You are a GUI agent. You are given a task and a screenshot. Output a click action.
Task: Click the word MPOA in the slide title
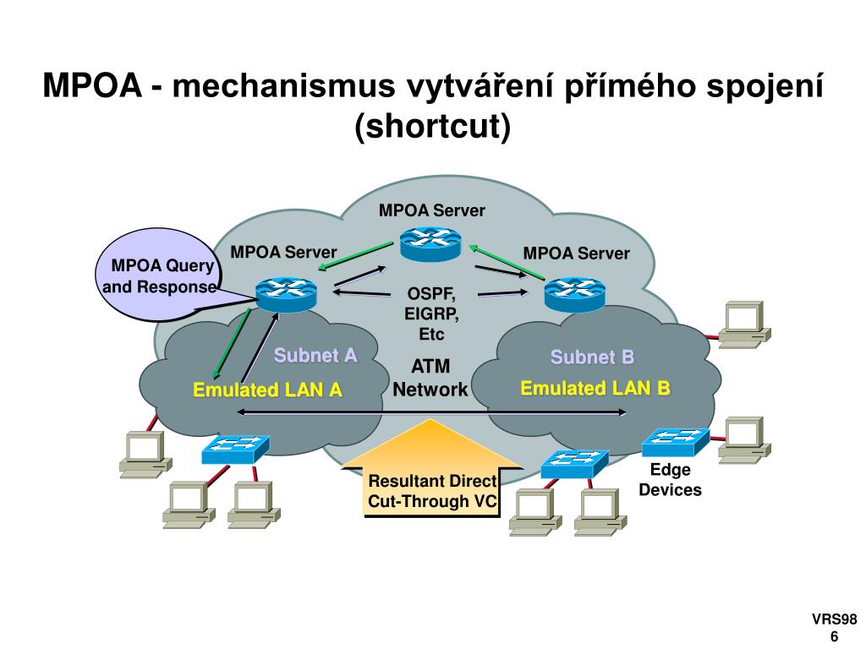[91, 85]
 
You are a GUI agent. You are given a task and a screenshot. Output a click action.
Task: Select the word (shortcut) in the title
[433, 126]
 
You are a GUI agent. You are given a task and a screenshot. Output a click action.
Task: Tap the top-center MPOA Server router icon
[430, 243]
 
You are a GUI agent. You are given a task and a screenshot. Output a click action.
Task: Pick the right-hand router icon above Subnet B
[574, 292]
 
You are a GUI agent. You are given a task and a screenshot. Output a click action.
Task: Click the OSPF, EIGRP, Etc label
[431, 314]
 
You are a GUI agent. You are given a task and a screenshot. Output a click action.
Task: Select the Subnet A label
[315, 355]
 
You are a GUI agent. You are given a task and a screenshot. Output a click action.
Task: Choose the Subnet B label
[592, 357]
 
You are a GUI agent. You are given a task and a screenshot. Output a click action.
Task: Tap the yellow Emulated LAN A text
[267, 390]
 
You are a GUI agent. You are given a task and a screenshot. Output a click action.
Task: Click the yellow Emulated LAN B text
[595, 389]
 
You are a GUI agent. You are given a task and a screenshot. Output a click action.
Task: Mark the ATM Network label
[430, 378]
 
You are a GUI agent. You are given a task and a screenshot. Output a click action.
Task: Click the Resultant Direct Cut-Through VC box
[432, 492]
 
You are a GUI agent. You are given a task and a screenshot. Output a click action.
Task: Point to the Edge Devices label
[670, 480]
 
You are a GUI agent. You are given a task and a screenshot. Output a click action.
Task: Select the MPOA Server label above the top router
[432, 210]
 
